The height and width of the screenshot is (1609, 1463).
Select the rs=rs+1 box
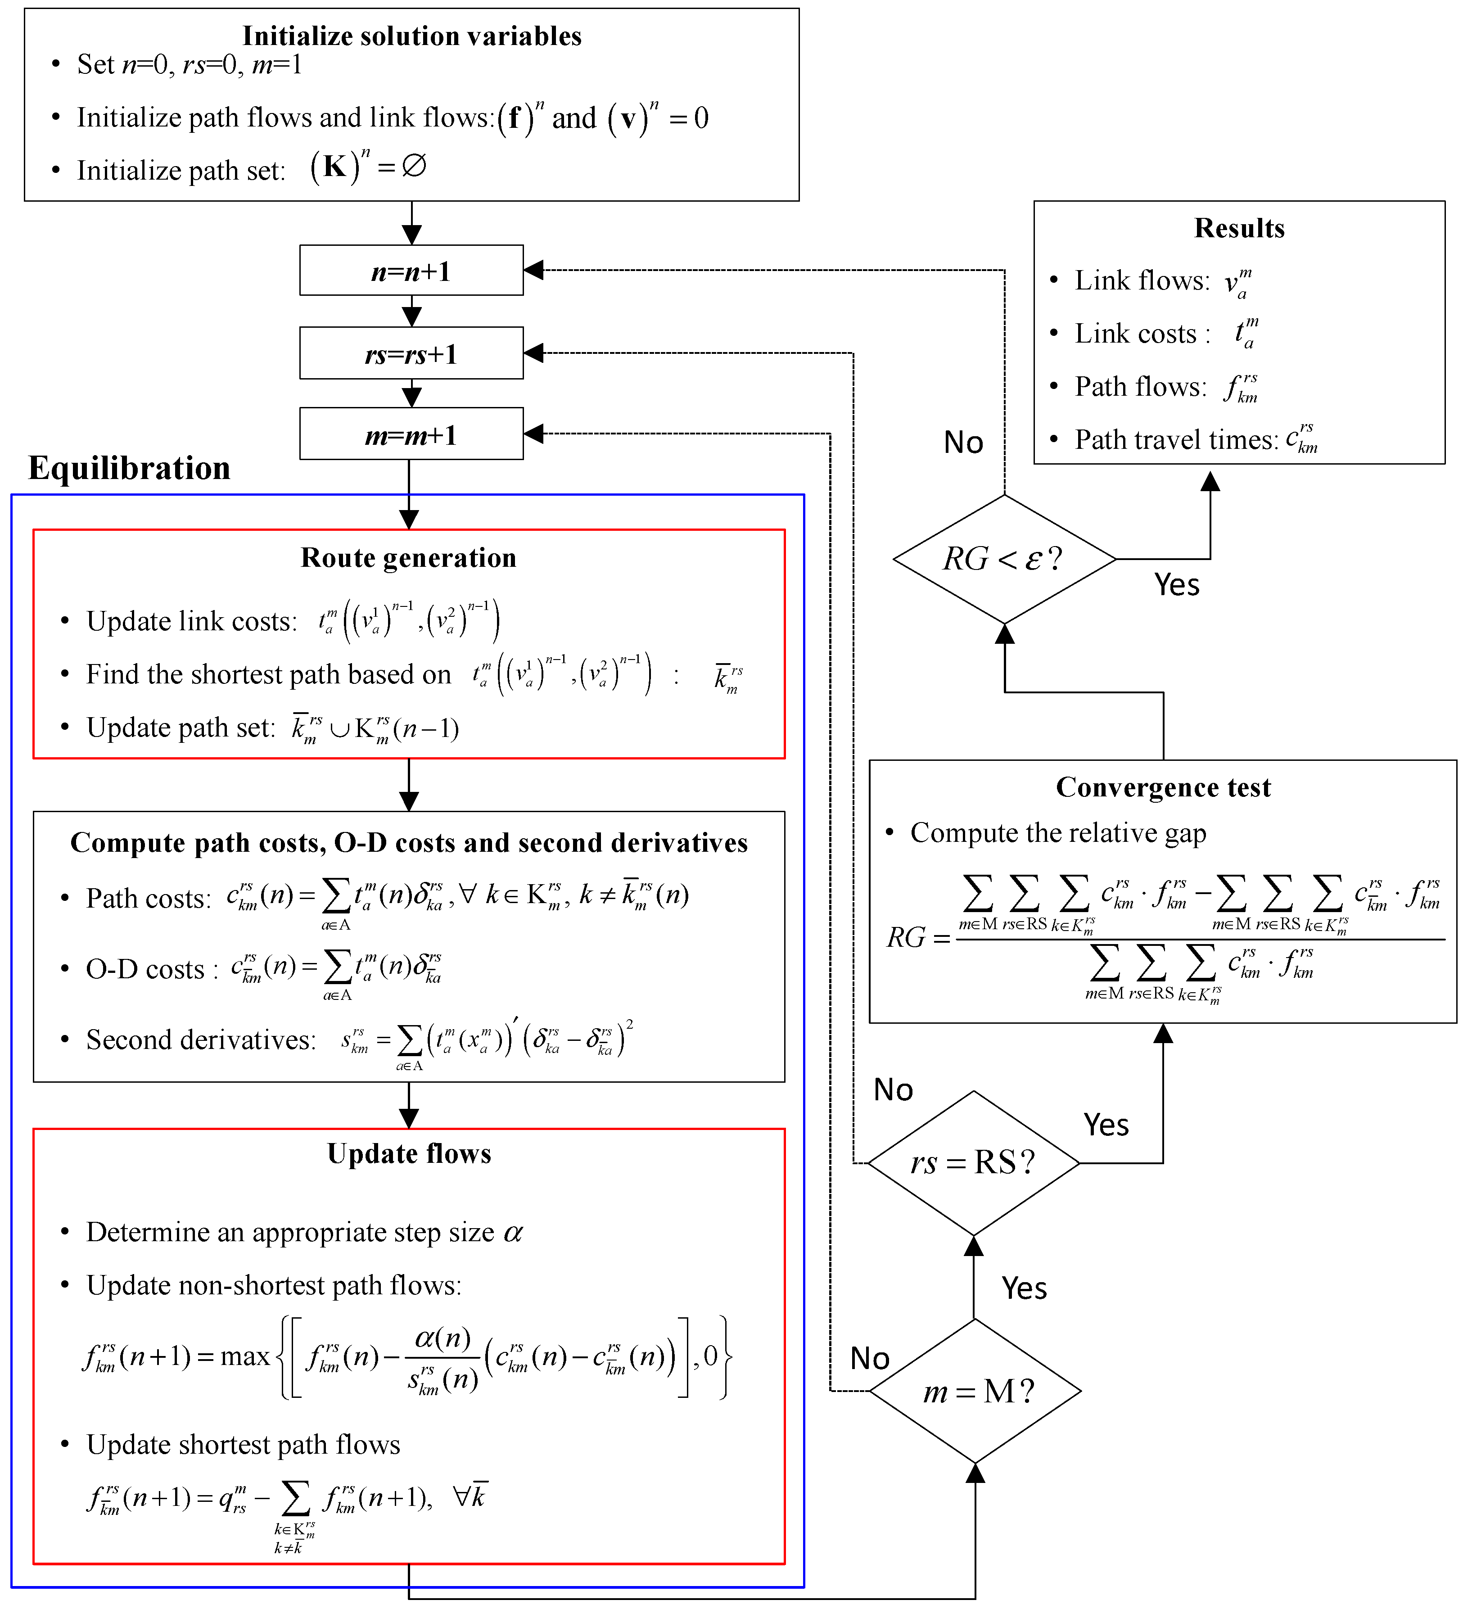pyautogui.click(x=411, y=353)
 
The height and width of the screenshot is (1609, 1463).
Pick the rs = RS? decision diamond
pyautogui.click(x=973, y=1163)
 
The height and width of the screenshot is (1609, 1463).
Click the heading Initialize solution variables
pyautogui.click(x=412, y=36)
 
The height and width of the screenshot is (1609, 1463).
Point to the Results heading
pyautogui.click(x=1239, y=228)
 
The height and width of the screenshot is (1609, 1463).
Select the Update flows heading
pyautogui.click(x=409, y=1154)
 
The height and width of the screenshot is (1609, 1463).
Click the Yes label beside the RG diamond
pyautogui.click(x=1176, y=585)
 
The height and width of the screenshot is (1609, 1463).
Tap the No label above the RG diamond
pyautogui.click(x=963, y=442)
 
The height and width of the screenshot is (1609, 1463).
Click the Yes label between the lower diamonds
pyautogui.click(x=1024, y=1288)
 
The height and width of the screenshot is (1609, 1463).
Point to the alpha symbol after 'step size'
pyautogui.click(x=513, y=1233)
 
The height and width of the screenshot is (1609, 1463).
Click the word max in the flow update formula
pyautogui.click(x=244, y=1357)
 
